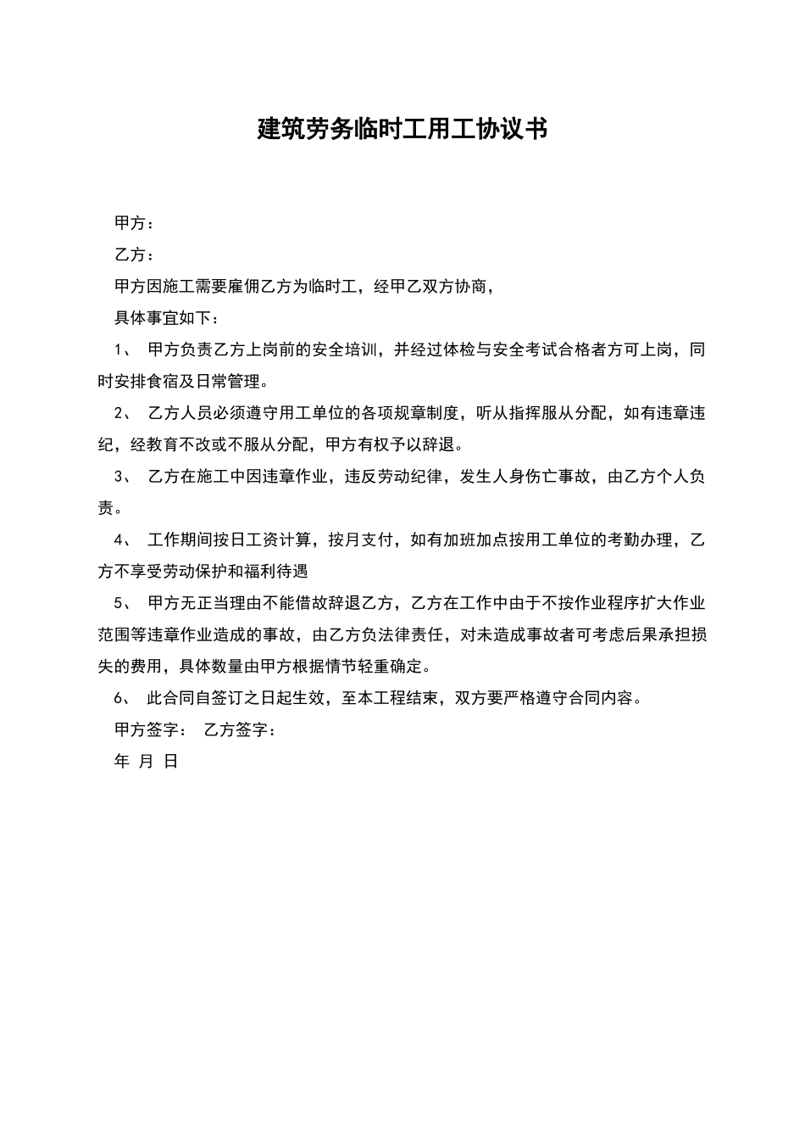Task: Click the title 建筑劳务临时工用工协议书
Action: click(x=402, y=129)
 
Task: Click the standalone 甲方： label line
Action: click(x=135, y=223)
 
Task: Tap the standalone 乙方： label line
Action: click(x=135, y=254)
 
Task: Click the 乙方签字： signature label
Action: click(x=241, y=729)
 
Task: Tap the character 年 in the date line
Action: click(x=121, y=761)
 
